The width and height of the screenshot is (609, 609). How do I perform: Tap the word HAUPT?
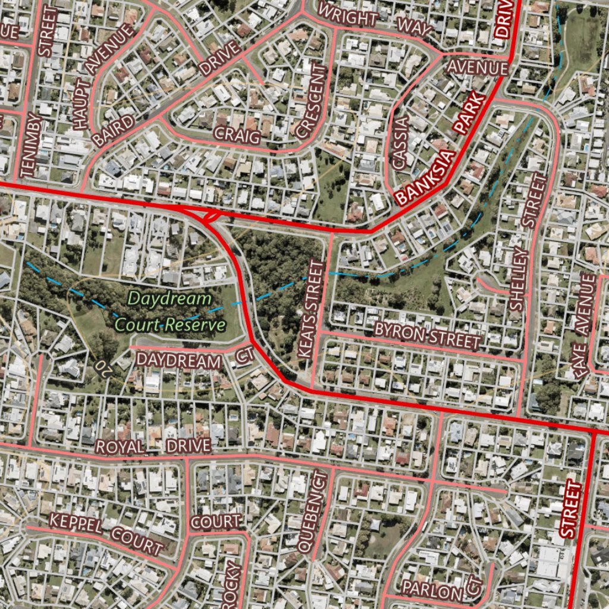pyautogui.click(x=81, y=105)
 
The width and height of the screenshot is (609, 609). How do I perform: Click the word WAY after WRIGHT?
pyautogui.click(x=414, y=27)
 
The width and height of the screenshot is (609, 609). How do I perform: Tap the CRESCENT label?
pyautogui.click(x=311, y=101)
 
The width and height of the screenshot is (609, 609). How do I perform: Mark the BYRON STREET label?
pyautogui.click(x=427, y=335)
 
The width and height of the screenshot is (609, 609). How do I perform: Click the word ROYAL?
pyautogui.click(x=120, y=447)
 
